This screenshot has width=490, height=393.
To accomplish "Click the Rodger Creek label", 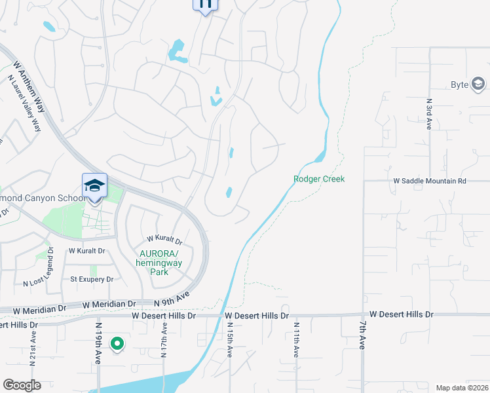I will (319, 179).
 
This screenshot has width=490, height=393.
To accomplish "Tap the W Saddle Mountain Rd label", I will (429, 180).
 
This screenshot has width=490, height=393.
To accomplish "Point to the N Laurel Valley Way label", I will (24, 103).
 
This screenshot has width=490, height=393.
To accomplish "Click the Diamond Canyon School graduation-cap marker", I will (94, 186).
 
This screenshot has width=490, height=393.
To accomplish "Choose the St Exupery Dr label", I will (92, 279).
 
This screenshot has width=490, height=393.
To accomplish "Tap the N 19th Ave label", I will (98, 343).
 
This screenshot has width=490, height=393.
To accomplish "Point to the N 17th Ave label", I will (164, 341).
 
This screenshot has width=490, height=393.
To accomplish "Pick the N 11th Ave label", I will (296, 339).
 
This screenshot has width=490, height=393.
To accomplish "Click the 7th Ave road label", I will (362, 335).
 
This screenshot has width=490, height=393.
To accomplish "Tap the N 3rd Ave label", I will (429, 113).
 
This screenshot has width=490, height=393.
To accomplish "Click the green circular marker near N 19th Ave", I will (117, 343).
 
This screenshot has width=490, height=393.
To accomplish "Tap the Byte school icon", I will (478, 84).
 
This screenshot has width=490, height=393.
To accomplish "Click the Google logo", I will (22, 385).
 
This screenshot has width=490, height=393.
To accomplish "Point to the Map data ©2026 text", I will (462, 387).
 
